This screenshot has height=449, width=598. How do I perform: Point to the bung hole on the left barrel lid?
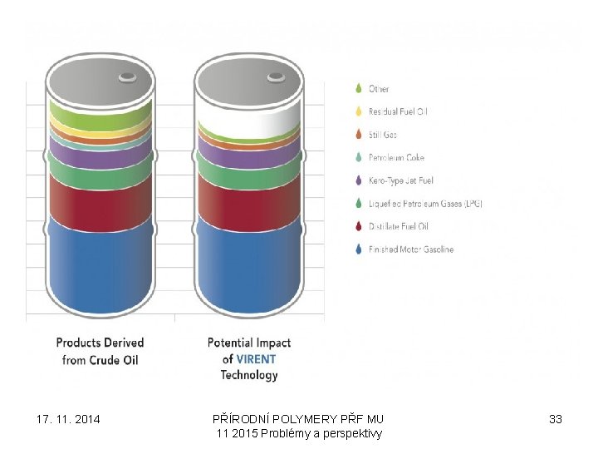(128, 77)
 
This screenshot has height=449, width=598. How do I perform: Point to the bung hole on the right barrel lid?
(275, 77)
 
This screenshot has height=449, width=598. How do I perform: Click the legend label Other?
(379, 89)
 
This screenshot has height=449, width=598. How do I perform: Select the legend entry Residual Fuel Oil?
(398, 111)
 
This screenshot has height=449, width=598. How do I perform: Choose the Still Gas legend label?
(383, 135)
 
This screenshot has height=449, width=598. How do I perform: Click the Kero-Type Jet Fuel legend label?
(401, 180)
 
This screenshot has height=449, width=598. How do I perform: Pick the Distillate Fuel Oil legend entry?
(399, 226)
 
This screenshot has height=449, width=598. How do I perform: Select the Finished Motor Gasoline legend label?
(411, 249)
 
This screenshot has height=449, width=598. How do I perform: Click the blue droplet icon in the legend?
(358, 249)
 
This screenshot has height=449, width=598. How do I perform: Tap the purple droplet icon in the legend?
(358, 180)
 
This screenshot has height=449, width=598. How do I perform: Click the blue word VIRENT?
(256, 359)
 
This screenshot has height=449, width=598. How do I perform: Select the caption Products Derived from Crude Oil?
(100, 351)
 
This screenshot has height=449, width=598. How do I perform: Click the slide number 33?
(556, 419)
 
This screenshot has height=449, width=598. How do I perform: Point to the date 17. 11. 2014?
(69, 419)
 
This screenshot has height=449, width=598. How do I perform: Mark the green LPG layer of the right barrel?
(248, 165)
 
